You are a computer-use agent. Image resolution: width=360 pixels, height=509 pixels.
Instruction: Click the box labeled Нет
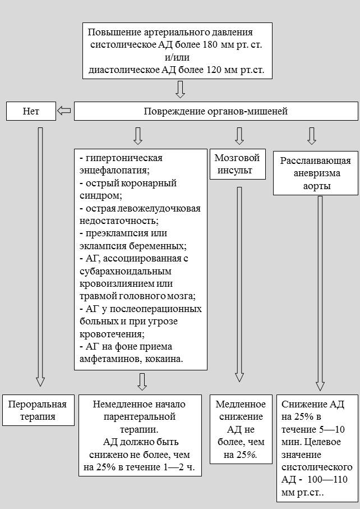31,111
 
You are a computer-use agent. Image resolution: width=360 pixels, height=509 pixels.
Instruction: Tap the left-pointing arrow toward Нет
64,111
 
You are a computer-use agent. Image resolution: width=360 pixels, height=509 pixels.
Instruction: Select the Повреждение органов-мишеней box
216,111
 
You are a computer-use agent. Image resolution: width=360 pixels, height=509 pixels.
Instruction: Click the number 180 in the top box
210,44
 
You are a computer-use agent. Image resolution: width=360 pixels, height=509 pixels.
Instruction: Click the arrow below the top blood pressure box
181,89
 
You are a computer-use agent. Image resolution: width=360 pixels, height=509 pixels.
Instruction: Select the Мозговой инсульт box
237,164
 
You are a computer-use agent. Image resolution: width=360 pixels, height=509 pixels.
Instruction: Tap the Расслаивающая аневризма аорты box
316,173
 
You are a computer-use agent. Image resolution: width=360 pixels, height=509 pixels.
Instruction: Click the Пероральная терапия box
38,410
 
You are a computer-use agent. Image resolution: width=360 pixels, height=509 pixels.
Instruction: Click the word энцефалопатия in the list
114,171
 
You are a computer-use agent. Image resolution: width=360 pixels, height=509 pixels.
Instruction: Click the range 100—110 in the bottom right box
327,479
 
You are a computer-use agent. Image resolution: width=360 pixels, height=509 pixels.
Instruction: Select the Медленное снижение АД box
241,429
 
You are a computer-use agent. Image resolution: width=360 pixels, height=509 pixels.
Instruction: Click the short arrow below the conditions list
142,382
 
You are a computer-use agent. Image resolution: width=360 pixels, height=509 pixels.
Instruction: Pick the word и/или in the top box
177,57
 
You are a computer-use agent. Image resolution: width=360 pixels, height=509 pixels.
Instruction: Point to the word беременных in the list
158,246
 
